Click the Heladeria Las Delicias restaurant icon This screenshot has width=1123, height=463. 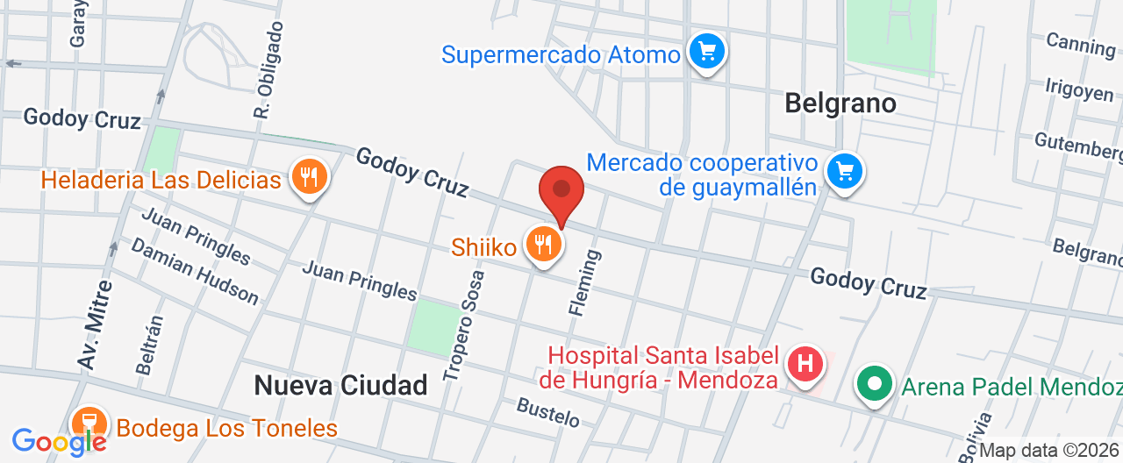coord(308,178)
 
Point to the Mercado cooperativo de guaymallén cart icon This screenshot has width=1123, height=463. coord(845,170)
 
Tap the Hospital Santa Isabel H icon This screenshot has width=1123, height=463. coord(805,363)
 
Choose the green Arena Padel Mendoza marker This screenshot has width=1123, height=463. coord(875,384)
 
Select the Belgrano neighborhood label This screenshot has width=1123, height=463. coord(840,103)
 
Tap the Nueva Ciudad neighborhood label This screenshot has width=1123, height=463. coord(340,384)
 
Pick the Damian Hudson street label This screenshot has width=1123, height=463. coord(195,271)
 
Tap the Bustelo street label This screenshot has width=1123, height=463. coord(548,412)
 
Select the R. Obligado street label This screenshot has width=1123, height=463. coord(269,70)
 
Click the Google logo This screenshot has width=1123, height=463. coord(58,441)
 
